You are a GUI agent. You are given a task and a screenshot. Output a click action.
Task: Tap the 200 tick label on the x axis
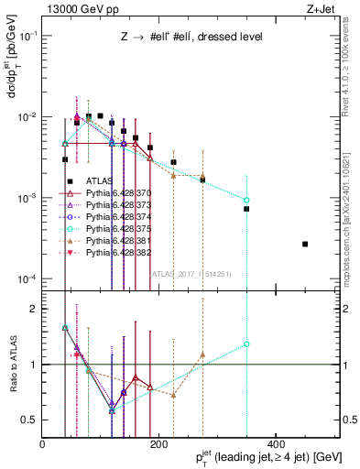(x=158, y=442)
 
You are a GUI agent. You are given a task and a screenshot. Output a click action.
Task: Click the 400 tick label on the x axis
(x=274, y=442)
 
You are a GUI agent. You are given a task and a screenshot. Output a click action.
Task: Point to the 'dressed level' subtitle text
(x=228, y=38)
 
